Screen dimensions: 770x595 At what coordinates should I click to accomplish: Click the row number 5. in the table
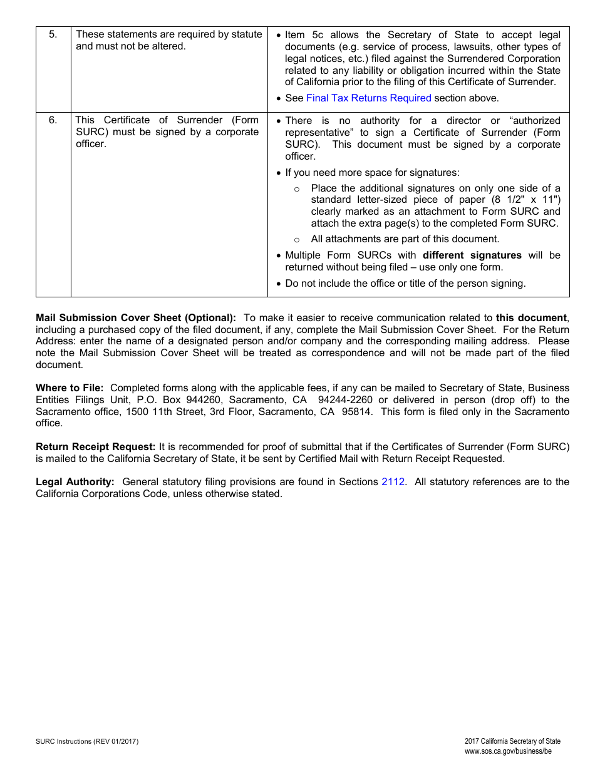pyautogui.click(x=53, y=34)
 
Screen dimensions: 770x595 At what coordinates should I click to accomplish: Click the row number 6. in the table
pyautogui.click(x=53, y=120)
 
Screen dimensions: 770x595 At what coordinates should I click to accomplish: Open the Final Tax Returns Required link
pyautogui.click(x=368, y=98)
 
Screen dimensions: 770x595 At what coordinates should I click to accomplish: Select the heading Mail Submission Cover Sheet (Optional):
pyautogui.click(x=136, y=318)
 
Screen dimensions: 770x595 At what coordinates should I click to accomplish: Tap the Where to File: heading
pyautogui.click(x=70, y=388)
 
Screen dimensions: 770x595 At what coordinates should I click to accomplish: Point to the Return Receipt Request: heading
pyautogui.click(x=95, y=447)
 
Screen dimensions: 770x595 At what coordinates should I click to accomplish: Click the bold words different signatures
pyautogui.click(x=472, y=255)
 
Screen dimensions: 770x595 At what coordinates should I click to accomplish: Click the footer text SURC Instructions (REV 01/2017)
pyautogui.click(x=87, y=742)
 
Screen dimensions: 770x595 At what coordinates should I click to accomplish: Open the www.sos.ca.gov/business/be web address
pyautogui.click(x=508, y=751)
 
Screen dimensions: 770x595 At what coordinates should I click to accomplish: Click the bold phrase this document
pyautogui.click(x=531, y=318)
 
